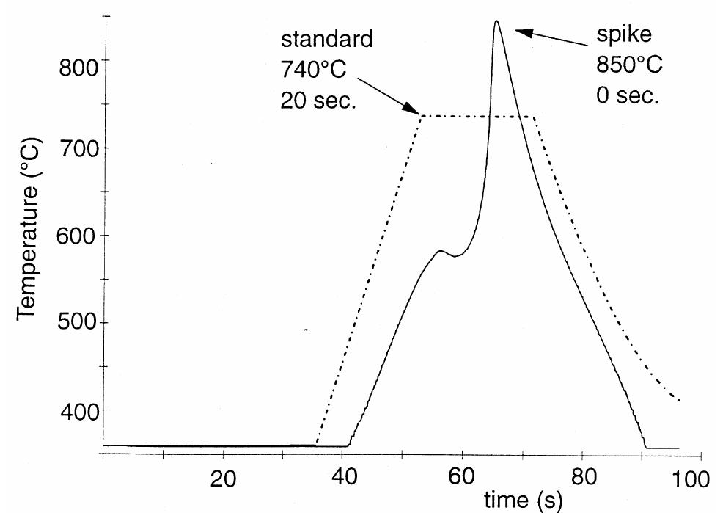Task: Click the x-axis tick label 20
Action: click(x=223, y=479)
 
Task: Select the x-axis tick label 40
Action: click(x=342, y=479)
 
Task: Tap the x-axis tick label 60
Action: click(x=462, y=479)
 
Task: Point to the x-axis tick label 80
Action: click(x=581, y=479)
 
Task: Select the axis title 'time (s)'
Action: click(x=523, y=501)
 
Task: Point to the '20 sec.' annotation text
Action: click(x=318, y=101)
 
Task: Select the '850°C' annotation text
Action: click(x=628, y=65)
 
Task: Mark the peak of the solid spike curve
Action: click(x=496, y=21)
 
